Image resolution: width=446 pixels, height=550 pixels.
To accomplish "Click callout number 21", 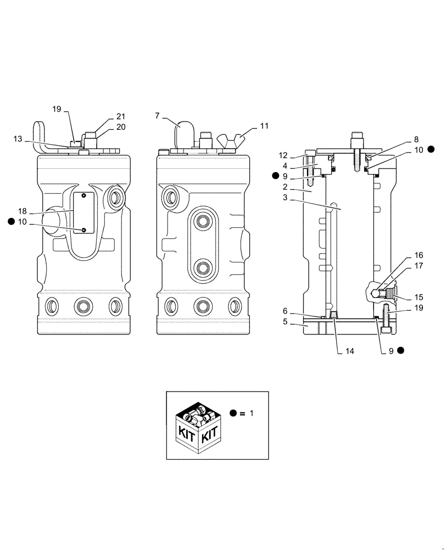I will (121, 117).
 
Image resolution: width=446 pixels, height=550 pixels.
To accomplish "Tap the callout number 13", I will (18, 140).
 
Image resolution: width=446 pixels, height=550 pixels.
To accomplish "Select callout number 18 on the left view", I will (23, 211).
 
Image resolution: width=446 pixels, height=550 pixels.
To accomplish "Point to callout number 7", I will (158, 116).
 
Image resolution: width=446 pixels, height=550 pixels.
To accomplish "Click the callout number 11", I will (265, 126).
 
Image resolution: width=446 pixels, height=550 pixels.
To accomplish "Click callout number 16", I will (419, 256).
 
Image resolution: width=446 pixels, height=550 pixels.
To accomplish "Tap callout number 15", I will (419, 297).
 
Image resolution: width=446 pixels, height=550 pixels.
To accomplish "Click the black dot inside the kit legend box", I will (234, 414).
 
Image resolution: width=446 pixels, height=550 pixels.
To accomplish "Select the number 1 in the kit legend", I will (252, 414).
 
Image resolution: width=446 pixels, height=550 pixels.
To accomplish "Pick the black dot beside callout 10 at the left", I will (11, 221).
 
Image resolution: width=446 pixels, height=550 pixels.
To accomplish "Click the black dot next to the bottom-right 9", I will (401, 350).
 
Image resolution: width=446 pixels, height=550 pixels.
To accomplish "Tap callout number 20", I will (121, 127).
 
